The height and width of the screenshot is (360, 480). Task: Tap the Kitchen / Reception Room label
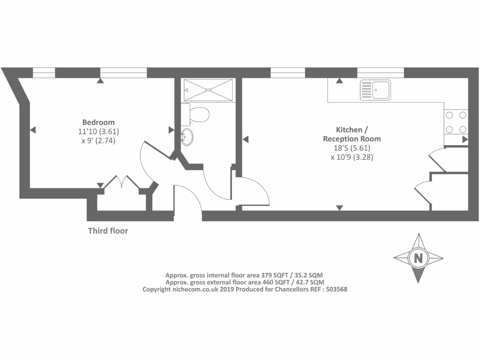tap(352, 134)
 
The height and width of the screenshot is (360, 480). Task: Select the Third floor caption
tap(108, 231)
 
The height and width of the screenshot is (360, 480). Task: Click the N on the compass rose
tap(418, 258)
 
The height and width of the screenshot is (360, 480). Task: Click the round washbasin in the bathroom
tap(187, 136)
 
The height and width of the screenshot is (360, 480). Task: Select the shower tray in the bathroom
tap(208, 90)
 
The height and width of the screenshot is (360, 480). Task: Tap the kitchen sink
tap(375, 90)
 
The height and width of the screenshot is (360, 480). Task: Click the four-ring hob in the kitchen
tap(456, 122)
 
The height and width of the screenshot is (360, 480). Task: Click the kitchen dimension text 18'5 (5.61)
tap(352, 148)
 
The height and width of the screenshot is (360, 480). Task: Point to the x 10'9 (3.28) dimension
tap(352, 157)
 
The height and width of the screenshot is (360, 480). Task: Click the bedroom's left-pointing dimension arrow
tap(33, 129)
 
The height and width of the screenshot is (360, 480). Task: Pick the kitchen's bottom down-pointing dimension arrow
tap(339, 207)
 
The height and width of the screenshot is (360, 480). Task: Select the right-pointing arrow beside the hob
tap(465, 139)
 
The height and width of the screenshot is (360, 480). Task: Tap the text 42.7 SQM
tap(307, 282)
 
